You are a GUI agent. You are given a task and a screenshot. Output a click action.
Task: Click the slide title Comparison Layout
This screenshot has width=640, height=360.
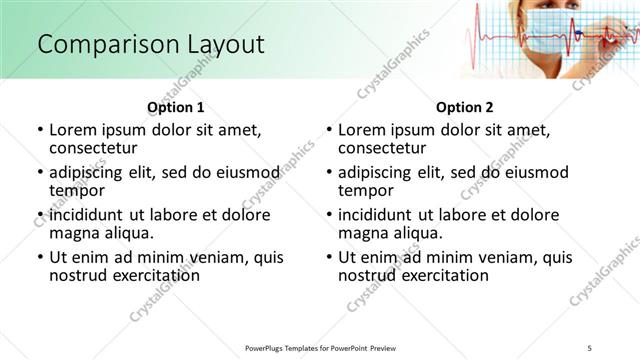click(x=151, y=44)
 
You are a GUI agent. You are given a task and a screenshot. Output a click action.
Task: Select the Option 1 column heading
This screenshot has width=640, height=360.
click(x=175, y=107)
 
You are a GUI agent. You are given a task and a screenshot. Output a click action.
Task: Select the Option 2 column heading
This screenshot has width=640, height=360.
click(x=464, y=107)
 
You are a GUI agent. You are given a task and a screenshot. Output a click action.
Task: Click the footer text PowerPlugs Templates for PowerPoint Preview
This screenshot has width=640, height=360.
click(x=322, y=347)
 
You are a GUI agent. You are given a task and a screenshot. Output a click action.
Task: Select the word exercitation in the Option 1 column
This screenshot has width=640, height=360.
click(x=150, y=275)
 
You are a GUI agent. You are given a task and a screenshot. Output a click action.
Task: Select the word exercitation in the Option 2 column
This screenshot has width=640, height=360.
click(x=439, y=275)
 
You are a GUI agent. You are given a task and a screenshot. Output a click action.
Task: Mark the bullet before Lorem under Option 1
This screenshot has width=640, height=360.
click(x=39, y=130)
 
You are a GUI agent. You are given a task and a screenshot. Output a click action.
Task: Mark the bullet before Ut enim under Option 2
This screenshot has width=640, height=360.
click(x=328, y=257)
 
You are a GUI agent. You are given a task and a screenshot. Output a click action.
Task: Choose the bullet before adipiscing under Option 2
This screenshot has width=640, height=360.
click(x=328, y=173)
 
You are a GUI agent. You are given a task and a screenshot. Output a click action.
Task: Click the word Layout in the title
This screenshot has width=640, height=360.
click(x=220, y=44)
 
